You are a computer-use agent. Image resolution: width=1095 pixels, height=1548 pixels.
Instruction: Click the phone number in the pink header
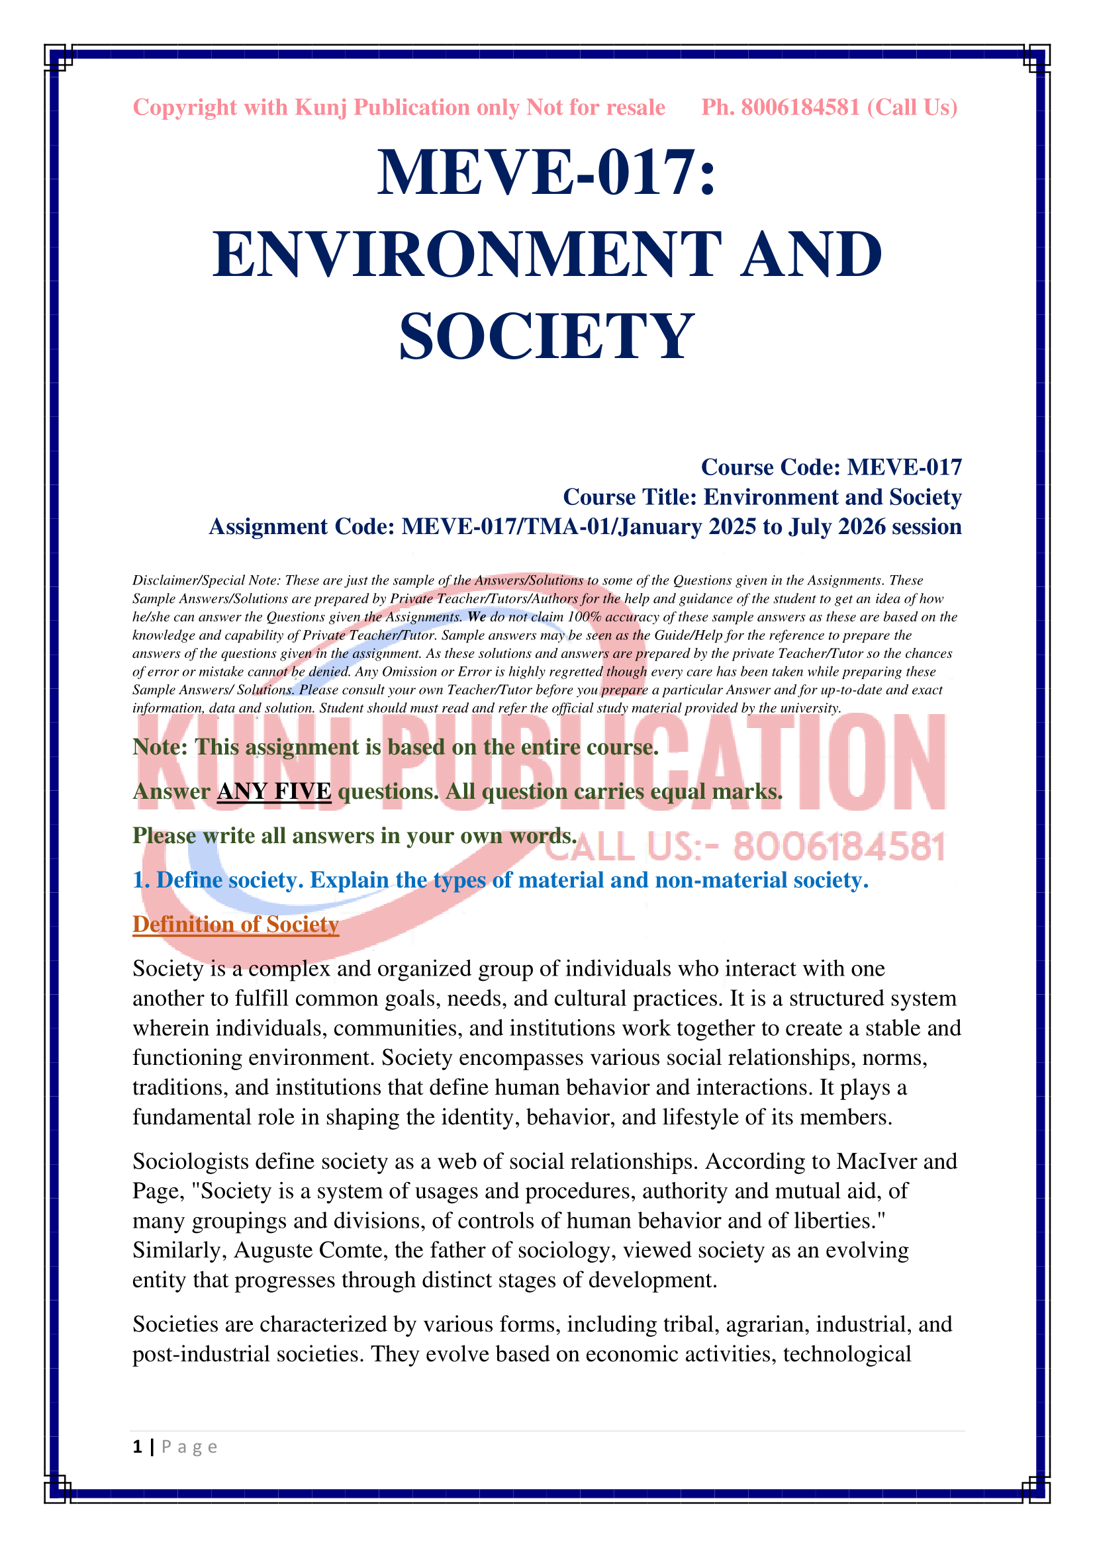click(800, 107)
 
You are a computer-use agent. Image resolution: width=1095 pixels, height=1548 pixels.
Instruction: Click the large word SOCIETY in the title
click(546, 336)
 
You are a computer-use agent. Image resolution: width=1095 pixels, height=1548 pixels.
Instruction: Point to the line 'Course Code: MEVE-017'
click(831, 467)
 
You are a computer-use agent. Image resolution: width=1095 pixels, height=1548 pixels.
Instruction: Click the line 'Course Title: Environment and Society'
click(762, 497)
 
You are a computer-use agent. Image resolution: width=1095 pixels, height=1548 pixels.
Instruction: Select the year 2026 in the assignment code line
click(861, 527)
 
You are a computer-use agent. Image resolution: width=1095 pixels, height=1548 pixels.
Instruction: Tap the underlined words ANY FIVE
click(274, 791)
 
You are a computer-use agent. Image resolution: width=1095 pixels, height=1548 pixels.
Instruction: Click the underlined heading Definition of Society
click(235, 924)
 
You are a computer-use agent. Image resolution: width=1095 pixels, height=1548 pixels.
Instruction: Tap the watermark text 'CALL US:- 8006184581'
click(745, 847)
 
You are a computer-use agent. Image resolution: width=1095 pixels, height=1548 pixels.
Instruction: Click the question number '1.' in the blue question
click(141, 880)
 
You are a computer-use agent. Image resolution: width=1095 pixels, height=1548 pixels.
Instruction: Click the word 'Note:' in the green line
click(160, 747)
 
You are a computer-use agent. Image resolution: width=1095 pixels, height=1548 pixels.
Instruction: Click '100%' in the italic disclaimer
click(584, 617)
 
